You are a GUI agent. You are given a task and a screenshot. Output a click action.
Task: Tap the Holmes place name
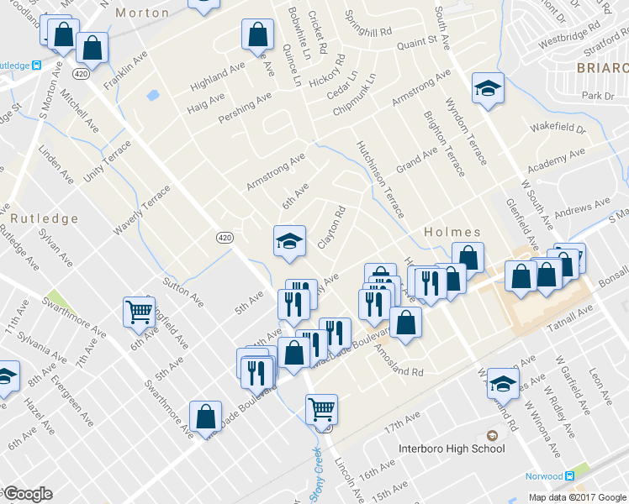pyautogui.click(x=452, y=232)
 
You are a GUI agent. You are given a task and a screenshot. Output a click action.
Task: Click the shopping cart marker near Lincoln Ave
pyautogui.click(x=321, y=410)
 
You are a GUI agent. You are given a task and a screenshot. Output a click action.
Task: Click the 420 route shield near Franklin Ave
pyautogui.click(x=81, y=74)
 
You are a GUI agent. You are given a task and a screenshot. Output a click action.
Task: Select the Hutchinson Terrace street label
pyautogui.click(x=380, y=179)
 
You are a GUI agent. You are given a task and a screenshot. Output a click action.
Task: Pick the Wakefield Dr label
pyautogui.click(x=557, y=129)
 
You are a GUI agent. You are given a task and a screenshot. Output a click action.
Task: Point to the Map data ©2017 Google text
pyautogui.click(x=577, y=497)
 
